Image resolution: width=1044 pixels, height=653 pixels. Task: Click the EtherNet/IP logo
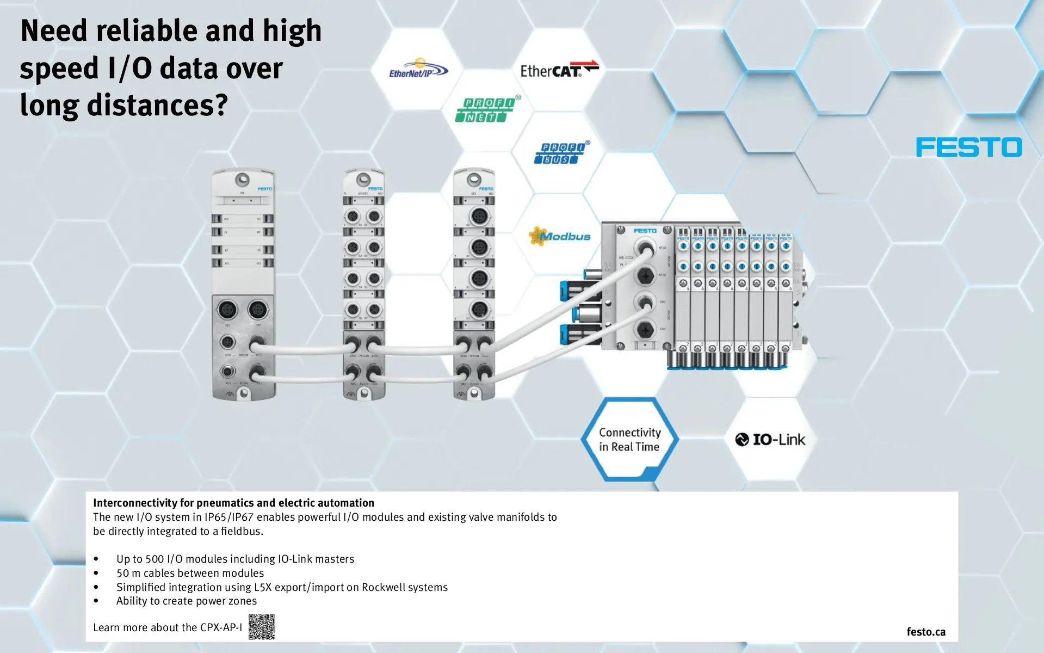click(x=418, y=70)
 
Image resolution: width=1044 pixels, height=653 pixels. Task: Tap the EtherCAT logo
click(x=559, y=70)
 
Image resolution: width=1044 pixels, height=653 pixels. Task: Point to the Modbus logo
click(x=560, y=236)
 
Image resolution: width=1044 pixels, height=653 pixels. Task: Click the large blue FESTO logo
click(x=968, y=147)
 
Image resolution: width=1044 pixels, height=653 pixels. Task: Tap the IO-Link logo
click(x=770, y=439)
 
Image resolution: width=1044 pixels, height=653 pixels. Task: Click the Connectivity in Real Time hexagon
click(x=629, y=440)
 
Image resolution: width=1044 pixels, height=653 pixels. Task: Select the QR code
click(x=262, y=626)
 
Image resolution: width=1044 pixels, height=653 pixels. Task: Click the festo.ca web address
click(x=925, y=631)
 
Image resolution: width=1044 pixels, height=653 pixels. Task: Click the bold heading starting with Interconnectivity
click(x=233, y=503)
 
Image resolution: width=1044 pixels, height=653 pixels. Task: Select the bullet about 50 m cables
click(x=190, y=573)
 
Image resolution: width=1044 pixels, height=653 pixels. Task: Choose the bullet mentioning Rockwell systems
click(x=282, y=587)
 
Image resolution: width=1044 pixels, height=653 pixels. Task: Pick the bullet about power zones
click(x=186, y=601)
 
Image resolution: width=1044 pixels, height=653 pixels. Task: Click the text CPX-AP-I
click(x=221, y=627)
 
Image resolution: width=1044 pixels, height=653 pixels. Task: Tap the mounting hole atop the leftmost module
click(x=242, y=179)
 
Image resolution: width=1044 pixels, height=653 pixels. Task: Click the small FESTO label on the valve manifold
click(x=645, y=231)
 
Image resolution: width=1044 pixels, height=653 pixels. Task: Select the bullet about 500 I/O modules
click(x=235, y=559)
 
